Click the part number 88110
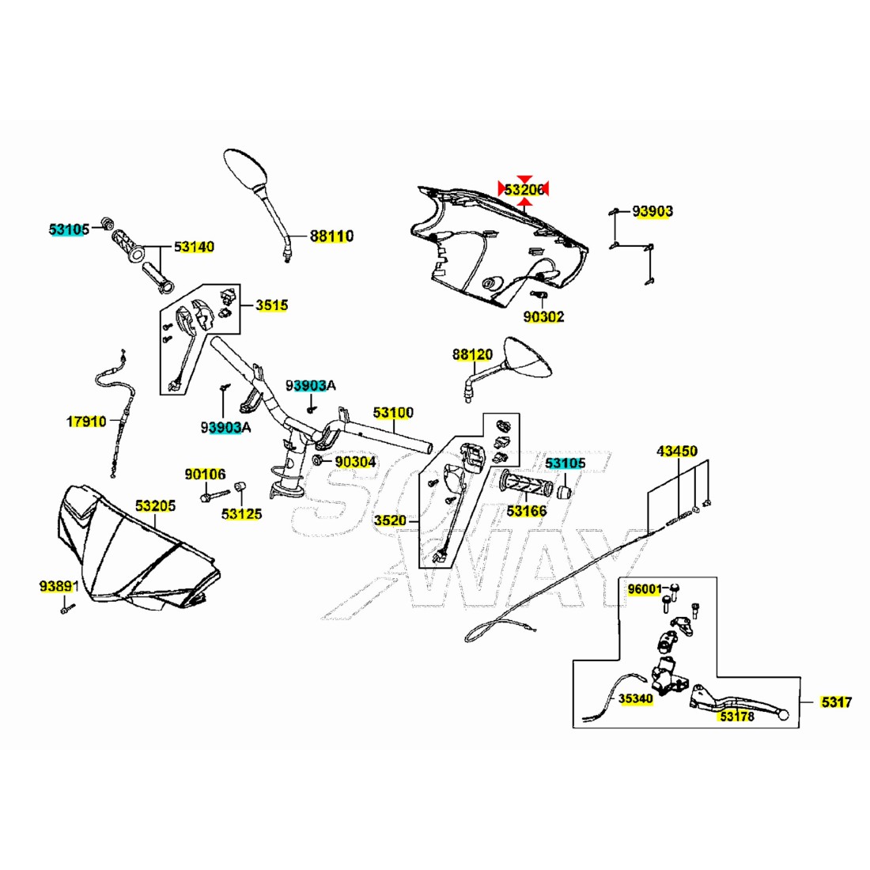331,236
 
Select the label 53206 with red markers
524,190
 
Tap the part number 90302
544,316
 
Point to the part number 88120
472,354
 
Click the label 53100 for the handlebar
393,412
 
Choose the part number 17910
86,422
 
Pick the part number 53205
155,505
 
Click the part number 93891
59,587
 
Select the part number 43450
677,451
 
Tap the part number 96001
645,589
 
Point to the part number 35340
636,698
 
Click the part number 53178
737,717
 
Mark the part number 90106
206,475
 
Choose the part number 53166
527,510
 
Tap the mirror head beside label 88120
528,358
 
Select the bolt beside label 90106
214,495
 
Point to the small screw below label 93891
67,609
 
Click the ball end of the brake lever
784,716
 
